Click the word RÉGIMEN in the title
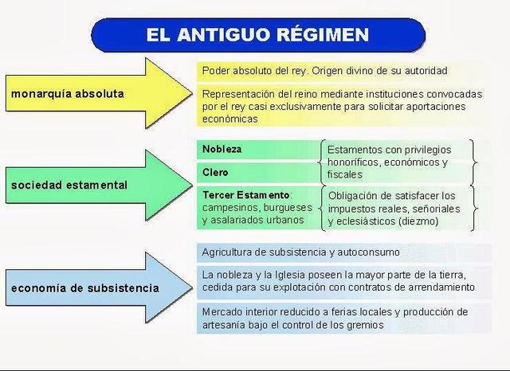point(323,36)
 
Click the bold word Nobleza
point(222,149)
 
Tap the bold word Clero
point(215,172)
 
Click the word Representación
point(240,93)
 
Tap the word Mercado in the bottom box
point(223,312)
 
